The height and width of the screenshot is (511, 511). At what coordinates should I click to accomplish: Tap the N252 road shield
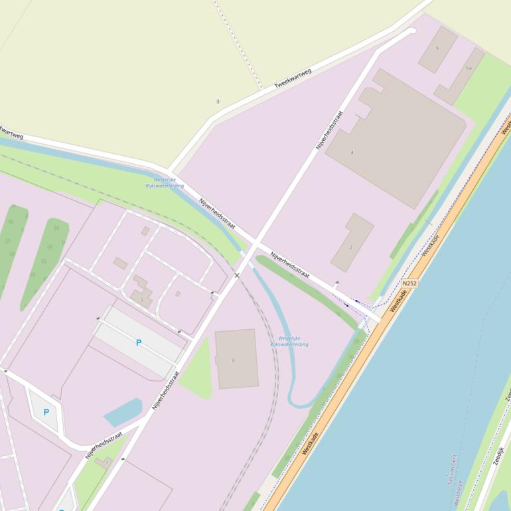click(x=409, y=283)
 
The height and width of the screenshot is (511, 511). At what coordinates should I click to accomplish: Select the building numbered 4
click(x=396, y=136)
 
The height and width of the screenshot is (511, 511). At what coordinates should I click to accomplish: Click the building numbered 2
click(x=352, y=243)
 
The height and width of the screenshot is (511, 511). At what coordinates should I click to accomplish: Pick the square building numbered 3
click(x=236, y=359)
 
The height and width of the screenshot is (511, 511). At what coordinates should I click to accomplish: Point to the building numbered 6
click(x=437, y=49)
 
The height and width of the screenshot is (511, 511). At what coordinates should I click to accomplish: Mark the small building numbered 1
click(x=104, y=463)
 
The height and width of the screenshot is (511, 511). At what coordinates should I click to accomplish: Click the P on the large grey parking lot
click(x=139, y=343)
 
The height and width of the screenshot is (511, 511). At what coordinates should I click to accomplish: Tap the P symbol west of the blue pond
click(x=46, y=412)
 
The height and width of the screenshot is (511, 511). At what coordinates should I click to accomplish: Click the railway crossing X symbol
click(x=237, y=275)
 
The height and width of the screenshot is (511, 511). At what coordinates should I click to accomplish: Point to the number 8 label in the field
click(x=218, y=102)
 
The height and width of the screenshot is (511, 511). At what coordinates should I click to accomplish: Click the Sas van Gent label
click(x=453, y=468)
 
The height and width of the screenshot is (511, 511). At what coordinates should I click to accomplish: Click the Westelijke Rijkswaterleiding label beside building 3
click(x=289, y=341)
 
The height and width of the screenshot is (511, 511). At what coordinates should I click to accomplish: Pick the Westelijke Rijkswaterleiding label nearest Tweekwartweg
click(x=165, y=183)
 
